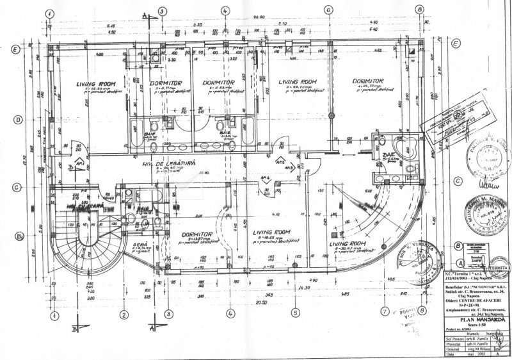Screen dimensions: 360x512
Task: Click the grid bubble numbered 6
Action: [327, 10]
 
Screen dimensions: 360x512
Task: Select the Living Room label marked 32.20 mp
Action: [94, 84]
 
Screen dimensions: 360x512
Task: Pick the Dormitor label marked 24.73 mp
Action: [367, 82]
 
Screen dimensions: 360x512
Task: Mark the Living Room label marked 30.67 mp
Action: [348, 244]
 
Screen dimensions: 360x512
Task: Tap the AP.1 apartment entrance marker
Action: [81, 164]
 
